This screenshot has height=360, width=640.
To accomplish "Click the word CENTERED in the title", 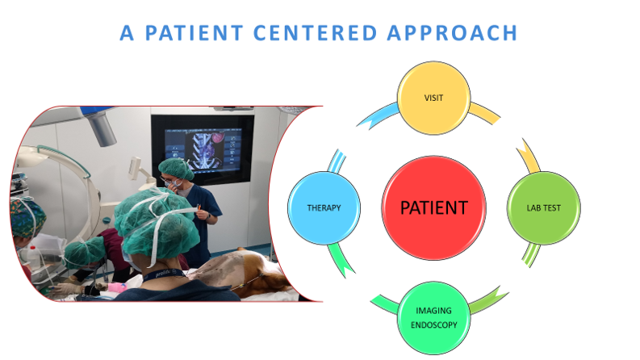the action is (x=315, y=33).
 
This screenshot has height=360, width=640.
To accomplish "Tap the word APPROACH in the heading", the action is (x=452, y=33).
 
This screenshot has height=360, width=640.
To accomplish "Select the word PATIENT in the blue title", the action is (x=195, y=33).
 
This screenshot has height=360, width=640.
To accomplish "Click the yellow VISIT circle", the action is (x=433, y=98).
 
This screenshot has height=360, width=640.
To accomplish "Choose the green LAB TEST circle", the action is (x=544, y=207).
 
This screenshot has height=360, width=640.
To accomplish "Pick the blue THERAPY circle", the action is (x=324, y=207).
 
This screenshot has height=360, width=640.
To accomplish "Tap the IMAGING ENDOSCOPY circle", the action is (x=433, y=317).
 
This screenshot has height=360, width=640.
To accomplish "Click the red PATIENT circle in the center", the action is (x=434, y=207).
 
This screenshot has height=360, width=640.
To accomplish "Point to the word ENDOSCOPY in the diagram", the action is (x=434, y=325).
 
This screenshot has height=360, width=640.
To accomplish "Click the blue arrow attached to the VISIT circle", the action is (x=379, y=115).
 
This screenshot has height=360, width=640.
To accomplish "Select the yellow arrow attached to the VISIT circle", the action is (x=484, y=113).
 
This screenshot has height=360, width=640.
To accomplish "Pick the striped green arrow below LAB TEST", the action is (x=531, y=254).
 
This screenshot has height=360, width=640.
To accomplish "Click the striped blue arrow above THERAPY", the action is (x=337, y=161).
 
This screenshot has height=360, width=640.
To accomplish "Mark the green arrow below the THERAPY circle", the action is (x=341, y=260).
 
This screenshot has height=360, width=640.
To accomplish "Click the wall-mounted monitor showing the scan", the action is (x=203, y=149).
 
